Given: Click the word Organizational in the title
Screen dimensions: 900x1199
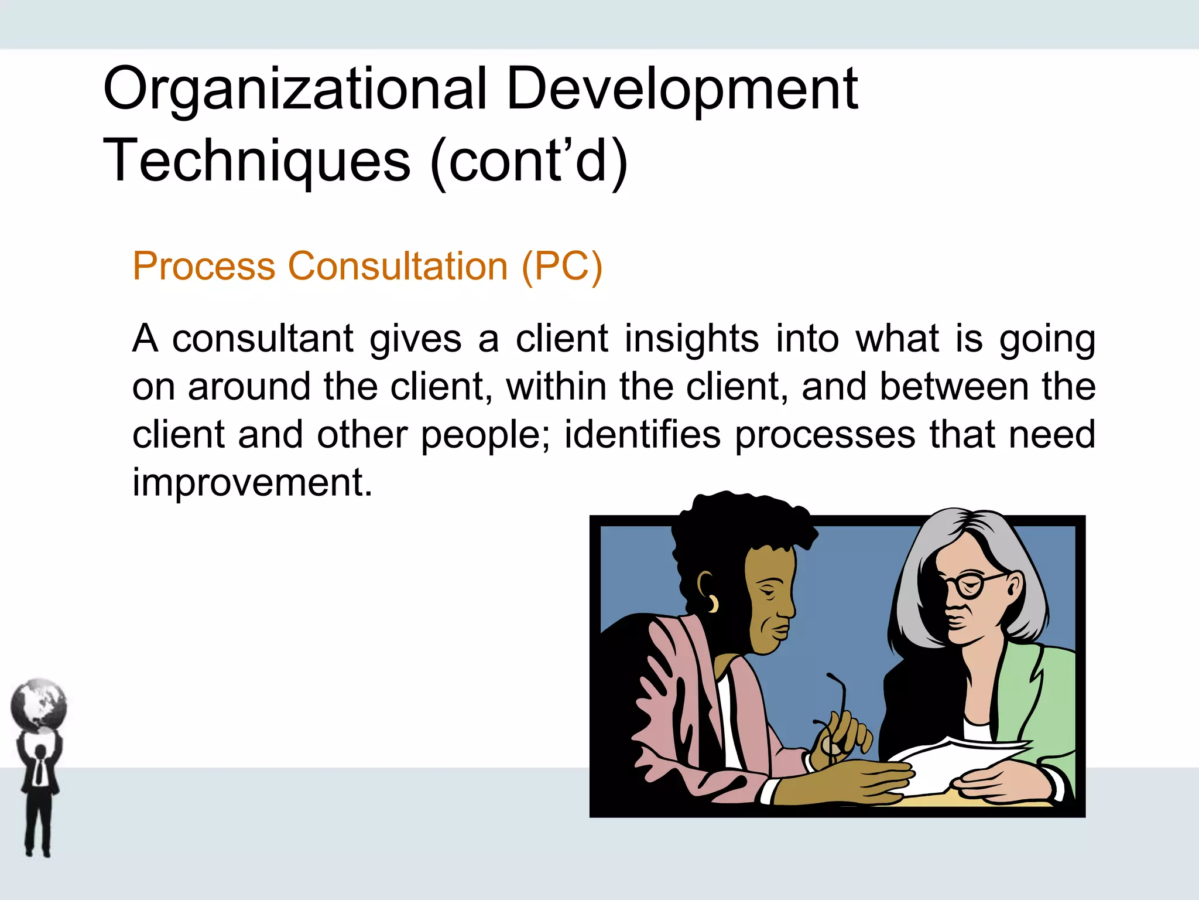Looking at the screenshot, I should coord(294,89).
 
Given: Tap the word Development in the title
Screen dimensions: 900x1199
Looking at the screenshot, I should coord(682,89).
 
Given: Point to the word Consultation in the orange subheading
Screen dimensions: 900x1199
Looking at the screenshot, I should coord(398,267).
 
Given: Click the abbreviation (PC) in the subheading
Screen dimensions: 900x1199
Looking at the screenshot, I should coord(561,267).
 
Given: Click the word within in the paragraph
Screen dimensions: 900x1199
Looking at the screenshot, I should coord(556,387).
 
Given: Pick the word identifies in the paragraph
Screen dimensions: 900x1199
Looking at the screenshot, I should coord(642,435).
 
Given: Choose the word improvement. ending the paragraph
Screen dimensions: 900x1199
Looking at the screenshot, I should coord(252,483).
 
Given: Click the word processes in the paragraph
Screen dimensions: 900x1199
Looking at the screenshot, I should coord(825,435).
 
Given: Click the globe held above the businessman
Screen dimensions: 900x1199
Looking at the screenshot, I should coord(39,705).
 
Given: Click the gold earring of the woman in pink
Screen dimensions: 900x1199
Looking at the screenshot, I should coord(713,604).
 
